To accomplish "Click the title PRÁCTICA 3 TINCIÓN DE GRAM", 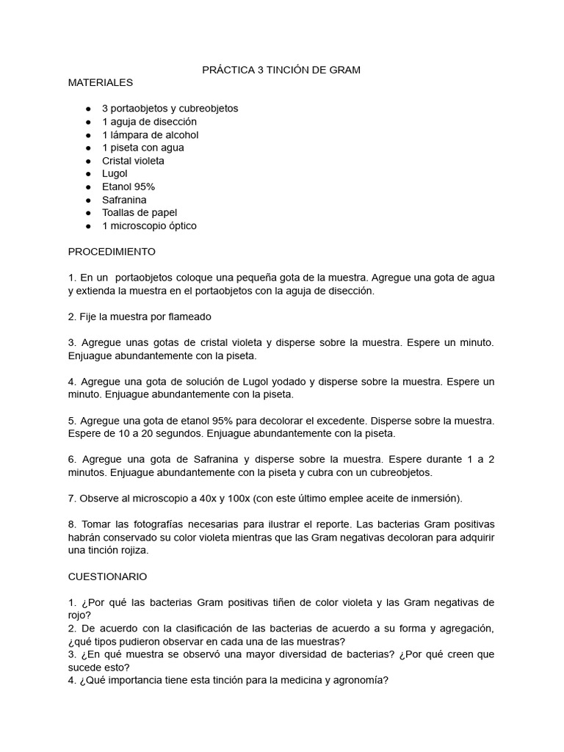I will click(281, 70).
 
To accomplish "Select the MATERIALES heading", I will click(101, 82).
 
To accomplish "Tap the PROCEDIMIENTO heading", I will click(112, 251).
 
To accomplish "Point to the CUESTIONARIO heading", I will click(107, 576).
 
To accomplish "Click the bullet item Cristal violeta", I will click(133, 160).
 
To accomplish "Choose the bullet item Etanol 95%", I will click(129, 187).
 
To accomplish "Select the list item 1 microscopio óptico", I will click(149, 225).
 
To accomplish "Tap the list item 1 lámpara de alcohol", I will click(150, 134).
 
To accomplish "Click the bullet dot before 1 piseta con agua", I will click(89, 148).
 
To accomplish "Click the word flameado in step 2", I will click(188, 317).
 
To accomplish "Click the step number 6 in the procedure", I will click(72, 459).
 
